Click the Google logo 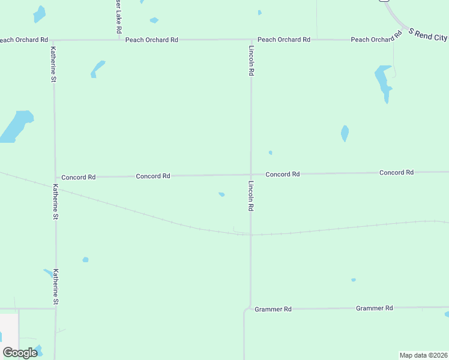(x=20, y=352)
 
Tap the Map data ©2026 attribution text (x=423, y=355)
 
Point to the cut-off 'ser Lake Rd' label (x=119, y=17)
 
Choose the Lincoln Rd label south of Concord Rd (x=252, y=196)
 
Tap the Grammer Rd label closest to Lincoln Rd (x=273, y=309)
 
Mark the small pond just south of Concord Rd (x=221, y=194)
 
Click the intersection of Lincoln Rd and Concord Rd (x=251, y=175)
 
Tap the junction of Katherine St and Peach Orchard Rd (x=53, y=40)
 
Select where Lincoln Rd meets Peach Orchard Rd (x=251, y=40)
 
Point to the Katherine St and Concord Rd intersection (x=55, y=178)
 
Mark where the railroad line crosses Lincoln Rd (x=251, y=235)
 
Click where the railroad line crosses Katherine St (x=55, y=190)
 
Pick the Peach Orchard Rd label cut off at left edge (x=23, y=40)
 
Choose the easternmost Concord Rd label (x=396, y=172)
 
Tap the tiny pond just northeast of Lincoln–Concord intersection (x=271, y=152)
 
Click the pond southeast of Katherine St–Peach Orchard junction (x=97, y=68)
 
